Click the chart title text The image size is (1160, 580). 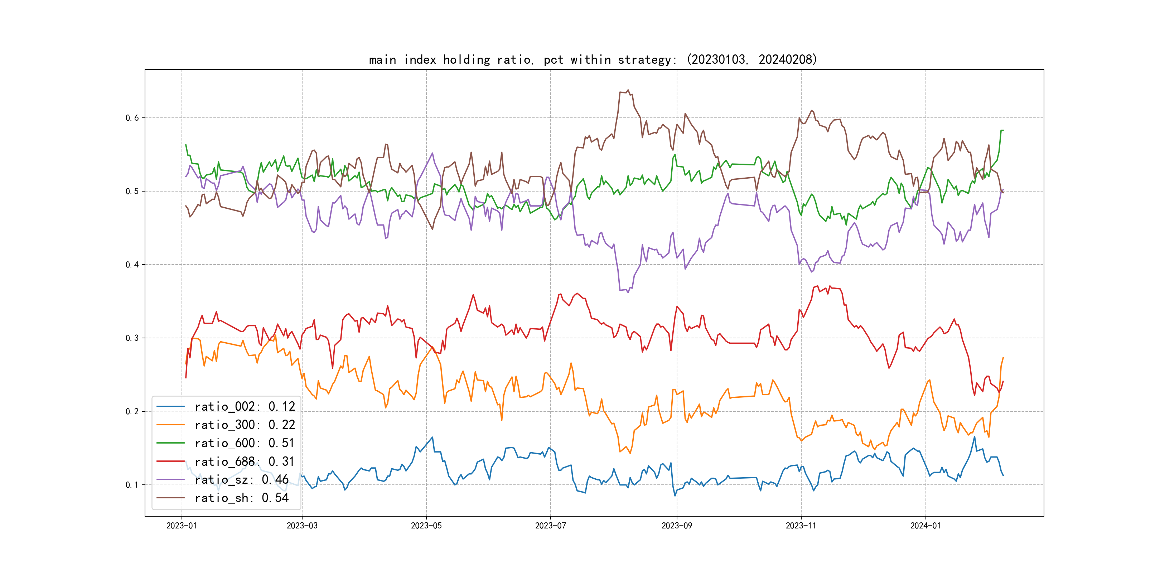pos(593,59)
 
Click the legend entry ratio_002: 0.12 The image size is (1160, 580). pos(245,407)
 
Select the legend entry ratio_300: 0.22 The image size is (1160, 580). pos(245,425)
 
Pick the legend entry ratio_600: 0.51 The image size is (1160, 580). pos(245,443)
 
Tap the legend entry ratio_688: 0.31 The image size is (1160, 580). pos(245,461)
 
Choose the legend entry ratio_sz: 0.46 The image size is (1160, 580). pos(241,480)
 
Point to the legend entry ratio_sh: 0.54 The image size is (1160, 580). pos(241,498)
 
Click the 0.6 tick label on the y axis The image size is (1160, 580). pos(132,118)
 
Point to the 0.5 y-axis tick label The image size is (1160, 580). pos(132,192)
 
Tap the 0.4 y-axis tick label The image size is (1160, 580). pos(132,265)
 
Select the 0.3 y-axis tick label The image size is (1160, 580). pos(132,338)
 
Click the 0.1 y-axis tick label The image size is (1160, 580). pos(132,485)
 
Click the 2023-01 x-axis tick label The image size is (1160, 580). pos(182,526)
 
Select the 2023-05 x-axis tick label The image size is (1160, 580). pos(426,526)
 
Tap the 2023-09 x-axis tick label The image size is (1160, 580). pos(676,526)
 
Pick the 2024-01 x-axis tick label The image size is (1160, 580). pos(925,526)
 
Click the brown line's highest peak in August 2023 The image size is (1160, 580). pos(628,90)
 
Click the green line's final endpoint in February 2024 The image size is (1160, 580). pos(1003,130)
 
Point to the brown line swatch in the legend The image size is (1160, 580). pos(170,498)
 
